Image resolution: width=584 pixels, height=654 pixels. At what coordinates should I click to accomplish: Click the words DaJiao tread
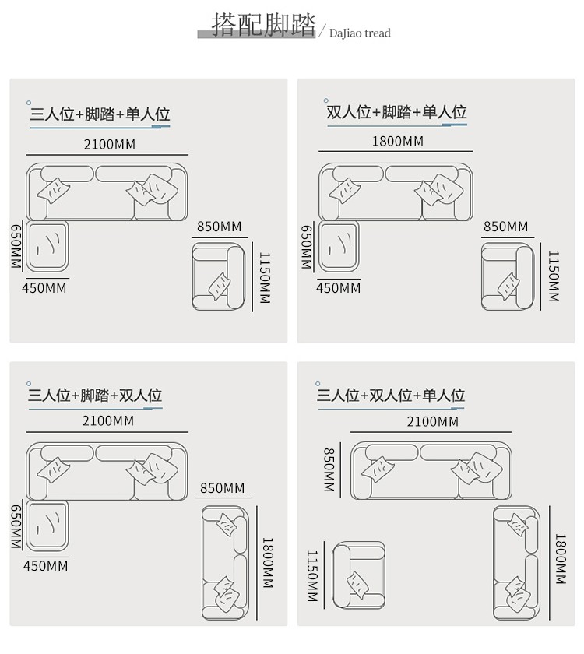click(x=360, y=33)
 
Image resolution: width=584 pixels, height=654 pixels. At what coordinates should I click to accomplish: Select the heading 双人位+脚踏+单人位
click(x=396, y=112)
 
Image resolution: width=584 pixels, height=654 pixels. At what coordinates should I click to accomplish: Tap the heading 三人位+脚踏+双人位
click(x=94, y=396)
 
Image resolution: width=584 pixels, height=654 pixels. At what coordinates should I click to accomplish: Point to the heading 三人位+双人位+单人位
click(x=390, y=396)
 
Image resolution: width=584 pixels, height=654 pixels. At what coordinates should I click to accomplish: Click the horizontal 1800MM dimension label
click(x=397, y=141)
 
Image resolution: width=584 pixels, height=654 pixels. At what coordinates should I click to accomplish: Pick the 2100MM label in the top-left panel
click(x=109, y=144)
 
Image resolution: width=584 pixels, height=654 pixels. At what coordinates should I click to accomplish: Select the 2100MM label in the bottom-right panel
click(x=432, y=421)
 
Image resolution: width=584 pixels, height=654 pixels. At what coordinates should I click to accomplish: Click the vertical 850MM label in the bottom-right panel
click(x=329, y=469)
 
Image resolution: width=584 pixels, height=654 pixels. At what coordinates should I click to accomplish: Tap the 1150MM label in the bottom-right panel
click(x=312, y=577)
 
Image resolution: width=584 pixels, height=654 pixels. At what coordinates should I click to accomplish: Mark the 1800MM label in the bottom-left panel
click(x=267, y=562)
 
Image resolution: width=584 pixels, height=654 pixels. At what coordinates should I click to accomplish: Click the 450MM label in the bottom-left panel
click(x=45, y=566)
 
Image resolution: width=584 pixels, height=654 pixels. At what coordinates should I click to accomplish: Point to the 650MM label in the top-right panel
click(x=306, y=248)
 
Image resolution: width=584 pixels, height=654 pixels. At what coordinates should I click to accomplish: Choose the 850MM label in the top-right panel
click(x=505, y=227)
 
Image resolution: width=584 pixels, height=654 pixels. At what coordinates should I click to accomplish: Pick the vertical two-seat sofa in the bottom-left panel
click(x=225, y=562)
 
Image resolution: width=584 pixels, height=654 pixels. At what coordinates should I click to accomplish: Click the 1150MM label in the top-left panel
click(x=265, y=278)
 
